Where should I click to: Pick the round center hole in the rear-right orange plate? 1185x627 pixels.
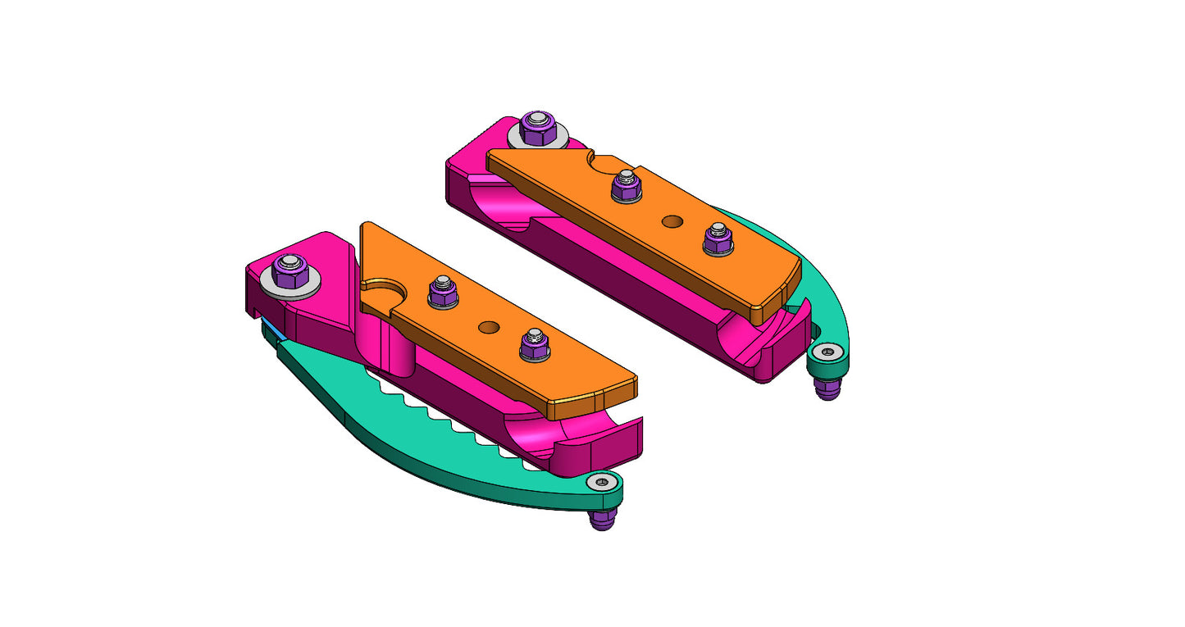(x=672, y=221)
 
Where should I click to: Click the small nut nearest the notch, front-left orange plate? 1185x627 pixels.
(x=443, y=291)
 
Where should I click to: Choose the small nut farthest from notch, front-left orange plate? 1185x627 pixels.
(x=534, y=345)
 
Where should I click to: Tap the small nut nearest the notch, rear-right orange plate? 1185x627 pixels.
(x=627, y=186)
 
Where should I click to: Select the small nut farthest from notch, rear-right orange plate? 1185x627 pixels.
(x=718, y=239)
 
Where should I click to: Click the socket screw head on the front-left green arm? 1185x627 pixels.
(x=604, y=483)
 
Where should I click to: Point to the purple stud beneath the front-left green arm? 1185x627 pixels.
(x=603, y=520)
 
